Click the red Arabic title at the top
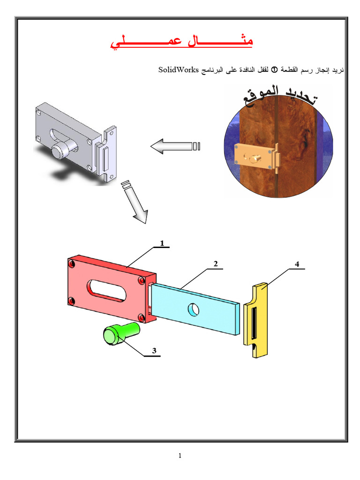(x=181, y=41)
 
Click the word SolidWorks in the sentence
(x=179, y=70)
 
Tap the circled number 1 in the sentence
(x=275, y=70)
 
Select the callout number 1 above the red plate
(x=162, y=243)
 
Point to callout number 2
(x=216, y=263)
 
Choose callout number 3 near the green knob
(x=154, y=351)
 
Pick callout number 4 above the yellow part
(x=297, y=264)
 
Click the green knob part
(x=121, y=333)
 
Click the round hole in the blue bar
(x=193, y=309)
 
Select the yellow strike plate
(x=255, y=320)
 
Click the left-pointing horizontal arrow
(x=175, y=146)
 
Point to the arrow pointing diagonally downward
(x=135, y=202)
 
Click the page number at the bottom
(x=180, y=456)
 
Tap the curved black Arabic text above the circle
(x=280, y=96)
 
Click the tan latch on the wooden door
(x=257, y=157)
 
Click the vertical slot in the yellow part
(x=254, y=323)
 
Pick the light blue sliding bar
(x=195, y=309)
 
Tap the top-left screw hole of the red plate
(x=72, y=263)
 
